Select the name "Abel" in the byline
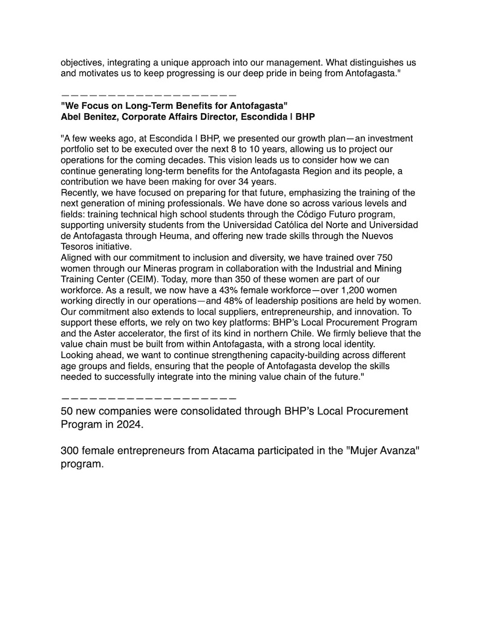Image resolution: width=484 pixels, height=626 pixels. point(72,116)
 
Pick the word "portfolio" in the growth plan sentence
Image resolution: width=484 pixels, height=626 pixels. point(81,149)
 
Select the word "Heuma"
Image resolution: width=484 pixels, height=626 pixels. point(194,236)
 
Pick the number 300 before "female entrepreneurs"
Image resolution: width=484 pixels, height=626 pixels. point(71,452)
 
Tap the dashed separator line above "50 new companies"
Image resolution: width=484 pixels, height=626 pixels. point(148,399)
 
